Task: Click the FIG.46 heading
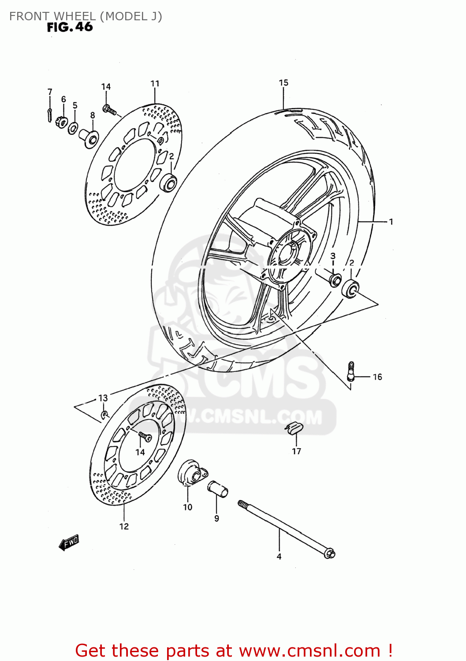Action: pyautogui.click(x=70, y=27)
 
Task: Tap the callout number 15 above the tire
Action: pyautogui.click(x=283, y=82)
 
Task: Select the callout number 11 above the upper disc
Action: pyautogui.click(x=155, y=83)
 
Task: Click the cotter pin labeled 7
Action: pyautogui.click(x=50, y=114)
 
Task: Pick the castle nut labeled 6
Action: pyautogui.click(x=62, y=120)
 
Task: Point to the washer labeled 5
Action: pyautogui.click(x=73, y=128)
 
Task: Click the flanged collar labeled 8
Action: pyautogui.click(x=89, y=136)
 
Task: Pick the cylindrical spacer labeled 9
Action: pyautogui.click(x=218, y=489)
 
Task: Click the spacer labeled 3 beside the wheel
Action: pyautogui.click(x=335, y=279)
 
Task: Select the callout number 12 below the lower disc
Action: pyautogui.click(x=124, y=526)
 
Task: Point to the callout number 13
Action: pyautogui.click(x=103, y=398)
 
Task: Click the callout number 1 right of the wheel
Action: pyautogui.click(x=391, y=222)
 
